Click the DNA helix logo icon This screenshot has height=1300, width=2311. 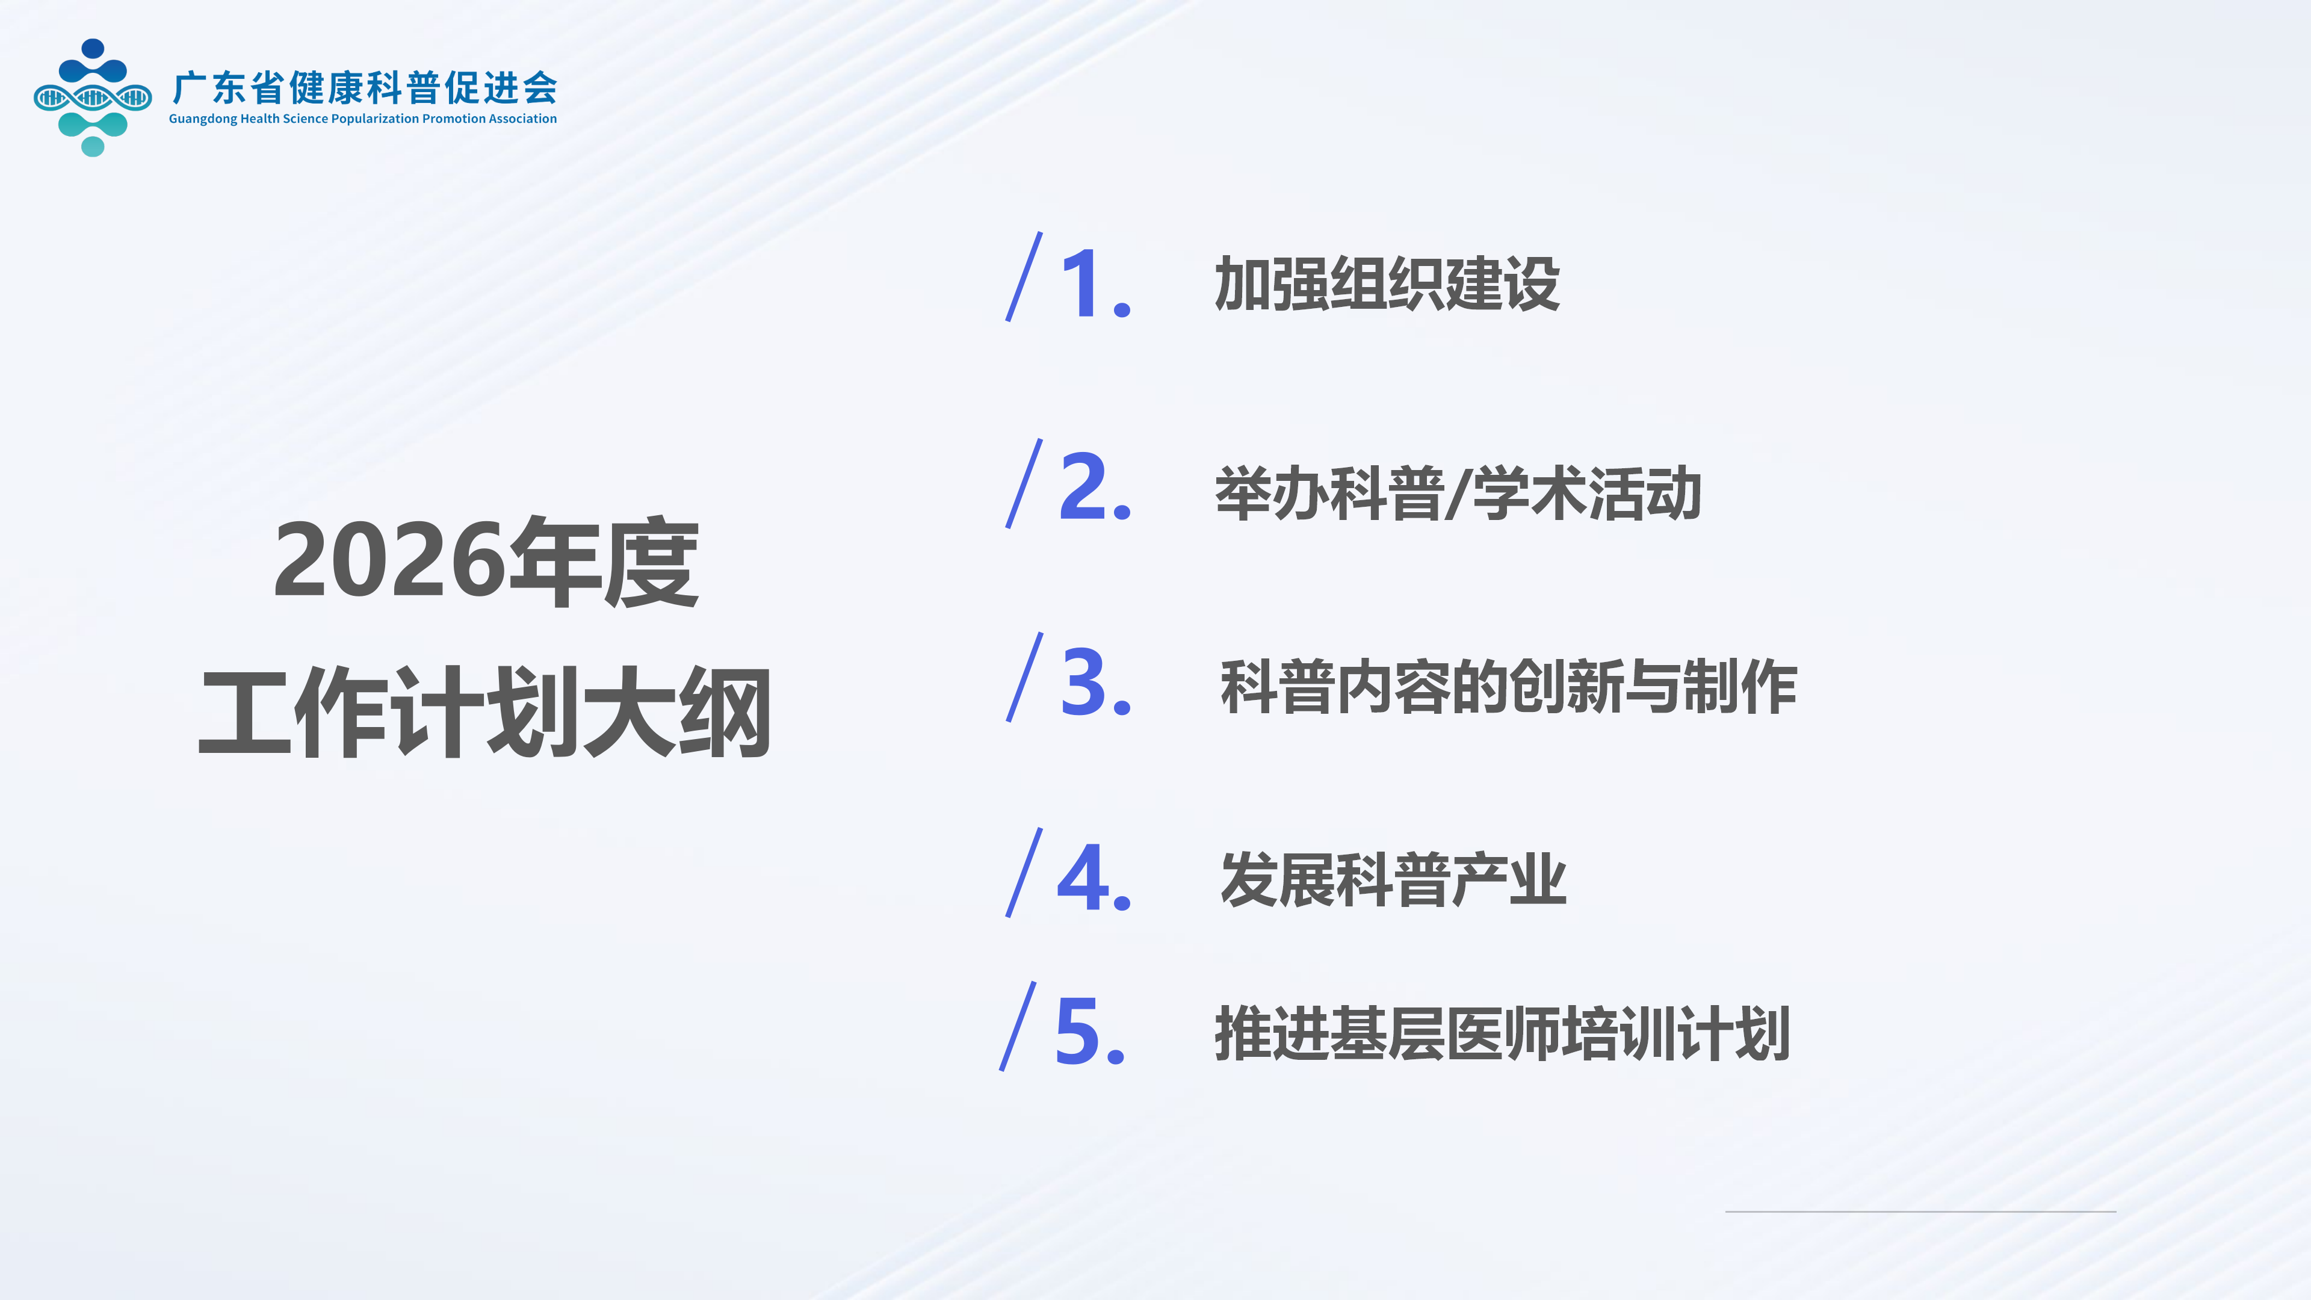[x=93, y=97]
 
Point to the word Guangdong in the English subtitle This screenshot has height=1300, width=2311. [x=203, y=119]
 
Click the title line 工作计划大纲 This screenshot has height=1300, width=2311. [x=485, y=713]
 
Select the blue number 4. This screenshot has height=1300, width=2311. [x=1084, y=877]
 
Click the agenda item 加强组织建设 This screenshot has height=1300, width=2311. [x=1387, y=283]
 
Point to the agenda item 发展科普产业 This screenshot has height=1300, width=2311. [x=1393, y=879]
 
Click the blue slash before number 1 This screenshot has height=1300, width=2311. [x=1024, y=276]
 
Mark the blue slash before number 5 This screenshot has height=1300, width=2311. [x=1018, y=1026]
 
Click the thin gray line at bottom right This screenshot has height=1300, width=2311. [x=1921, y=1211]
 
